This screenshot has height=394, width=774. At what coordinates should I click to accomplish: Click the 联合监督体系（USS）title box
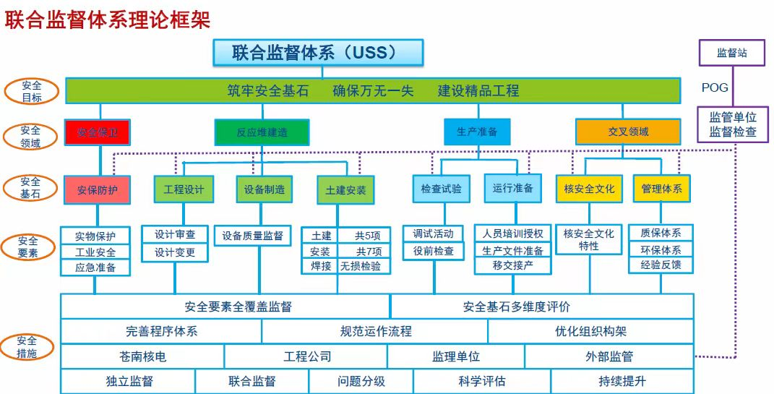pos(317,53)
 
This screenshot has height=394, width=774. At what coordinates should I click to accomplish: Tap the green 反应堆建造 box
pos(262,132)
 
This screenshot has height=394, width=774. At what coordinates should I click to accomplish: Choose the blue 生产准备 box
pos(476,132)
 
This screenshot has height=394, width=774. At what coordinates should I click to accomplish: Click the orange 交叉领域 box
pos(627,132)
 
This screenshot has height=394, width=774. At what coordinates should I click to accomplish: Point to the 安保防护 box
pos(98,189)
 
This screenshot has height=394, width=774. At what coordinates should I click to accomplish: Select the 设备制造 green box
pos(265,189)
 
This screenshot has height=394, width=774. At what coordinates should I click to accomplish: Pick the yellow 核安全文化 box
pos(588,189)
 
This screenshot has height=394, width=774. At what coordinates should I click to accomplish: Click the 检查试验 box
pos(441,189)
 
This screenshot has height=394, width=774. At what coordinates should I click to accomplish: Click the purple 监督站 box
pos(731,53)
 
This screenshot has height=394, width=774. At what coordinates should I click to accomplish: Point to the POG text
pos(715,88)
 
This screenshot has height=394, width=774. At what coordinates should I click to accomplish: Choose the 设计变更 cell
pos(176,253)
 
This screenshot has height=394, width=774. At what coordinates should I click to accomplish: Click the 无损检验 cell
pos(365,266)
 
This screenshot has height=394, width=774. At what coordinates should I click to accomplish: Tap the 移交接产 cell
pos(512,266)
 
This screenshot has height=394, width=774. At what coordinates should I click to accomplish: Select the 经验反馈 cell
pos(661,265)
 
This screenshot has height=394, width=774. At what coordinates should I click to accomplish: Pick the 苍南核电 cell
pos(142,356)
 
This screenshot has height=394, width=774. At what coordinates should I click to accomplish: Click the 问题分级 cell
pos(361,381)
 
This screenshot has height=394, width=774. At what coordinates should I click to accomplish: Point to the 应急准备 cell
pos(95,267)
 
